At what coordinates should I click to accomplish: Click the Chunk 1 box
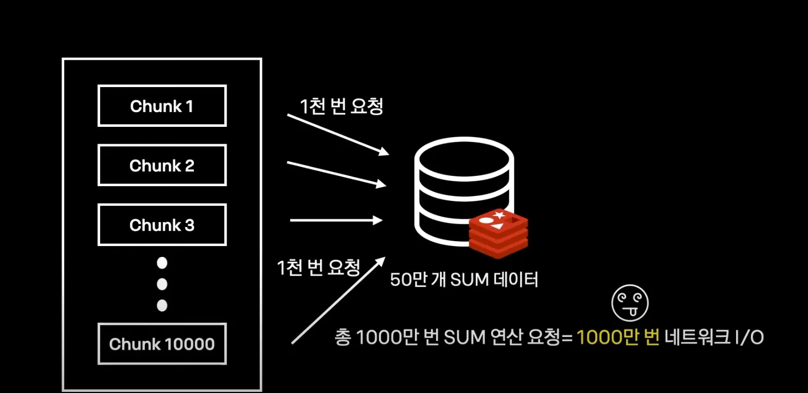(x=162, y=106)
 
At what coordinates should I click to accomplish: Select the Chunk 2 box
(x=162, y=165)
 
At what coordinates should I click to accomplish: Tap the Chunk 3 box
(x=162, y=224)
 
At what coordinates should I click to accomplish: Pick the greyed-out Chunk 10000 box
(x=162, y=344)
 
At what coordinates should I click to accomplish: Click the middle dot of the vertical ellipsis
(x=162, y=284)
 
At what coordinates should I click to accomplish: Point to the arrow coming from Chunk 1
(x=338, y=134)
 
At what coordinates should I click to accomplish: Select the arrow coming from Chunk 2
(x=336, y=174)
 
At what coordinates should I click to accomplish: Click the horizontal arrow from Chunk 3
(x=336, y=220)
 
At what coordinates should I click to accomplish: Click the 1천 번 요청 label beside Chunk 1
(x=341, y=106)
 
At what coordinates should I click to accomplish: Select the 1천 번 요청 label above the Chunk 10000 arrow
(x=319, y=267)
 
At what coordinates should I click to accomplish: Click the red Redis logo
(x=498, y=233)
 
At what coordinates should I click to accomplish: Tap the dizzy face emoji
(x=630, y=304)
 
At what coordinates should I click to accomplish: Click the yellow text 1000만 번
(x=618, y=337)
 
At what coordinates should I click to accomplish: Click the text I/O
(x=750, y=337)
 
